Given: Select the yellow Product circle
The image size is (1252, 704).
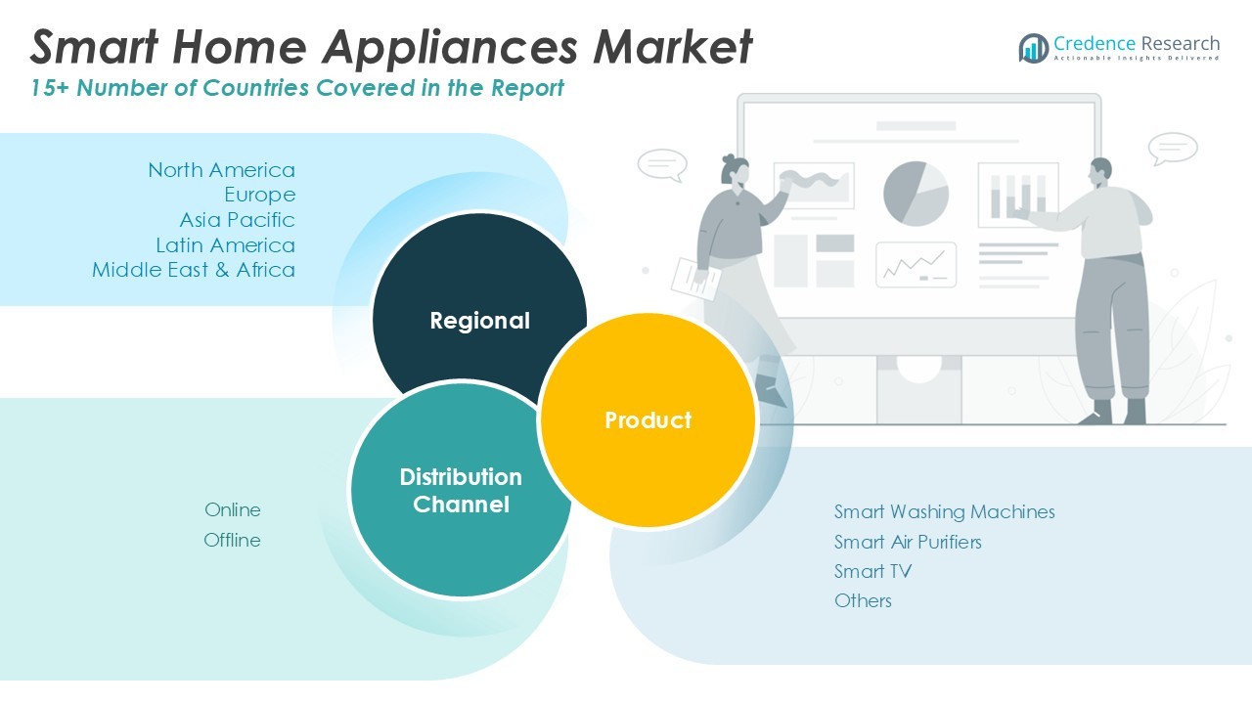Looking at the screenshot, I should coord(648,420).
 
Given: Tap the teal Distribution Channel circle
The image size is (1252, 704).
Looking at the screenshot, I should coord(460,490).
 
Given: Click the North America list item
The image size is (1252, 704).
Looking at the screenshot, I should coord(221,170).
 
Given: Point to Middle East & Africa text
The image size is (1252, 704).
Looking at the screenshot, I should coord(194,270).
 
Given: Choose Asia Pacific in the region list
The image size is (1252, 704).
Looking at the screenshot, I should coord(237,220).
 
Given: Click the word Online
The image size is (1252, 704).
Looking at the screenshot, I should coord(233,509).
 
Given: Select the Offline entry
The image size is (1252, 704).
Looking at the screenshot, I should coord(232,540).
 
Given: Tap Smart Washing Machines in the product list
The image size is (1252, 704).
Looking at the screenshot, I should coord(944,511).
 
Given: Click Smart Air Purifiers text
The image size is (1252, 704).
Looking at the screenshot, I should coord(908,542).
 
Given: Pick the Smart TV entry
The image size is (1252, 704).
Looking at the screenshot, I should coord(872,571).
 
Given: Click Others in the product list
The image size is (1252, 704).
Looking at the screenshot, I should coord(863,600).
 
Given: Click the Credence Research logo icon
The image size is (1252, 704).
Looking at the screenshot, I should coord(1033,48).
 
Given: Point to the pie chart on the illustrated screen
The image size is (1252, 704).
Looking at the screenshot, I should coord(916,194).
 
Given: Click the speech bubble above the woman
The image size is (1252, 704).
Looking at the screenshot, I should coord(662,164).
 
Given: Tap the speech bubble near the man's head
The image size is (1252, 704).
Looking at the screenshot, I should coord(1173,149).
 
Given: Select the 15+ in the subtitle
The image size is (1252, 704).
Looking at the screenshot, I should coord(50,88).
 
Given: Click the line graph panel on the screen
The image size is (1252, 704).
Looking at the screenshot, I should coord(916,264).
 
